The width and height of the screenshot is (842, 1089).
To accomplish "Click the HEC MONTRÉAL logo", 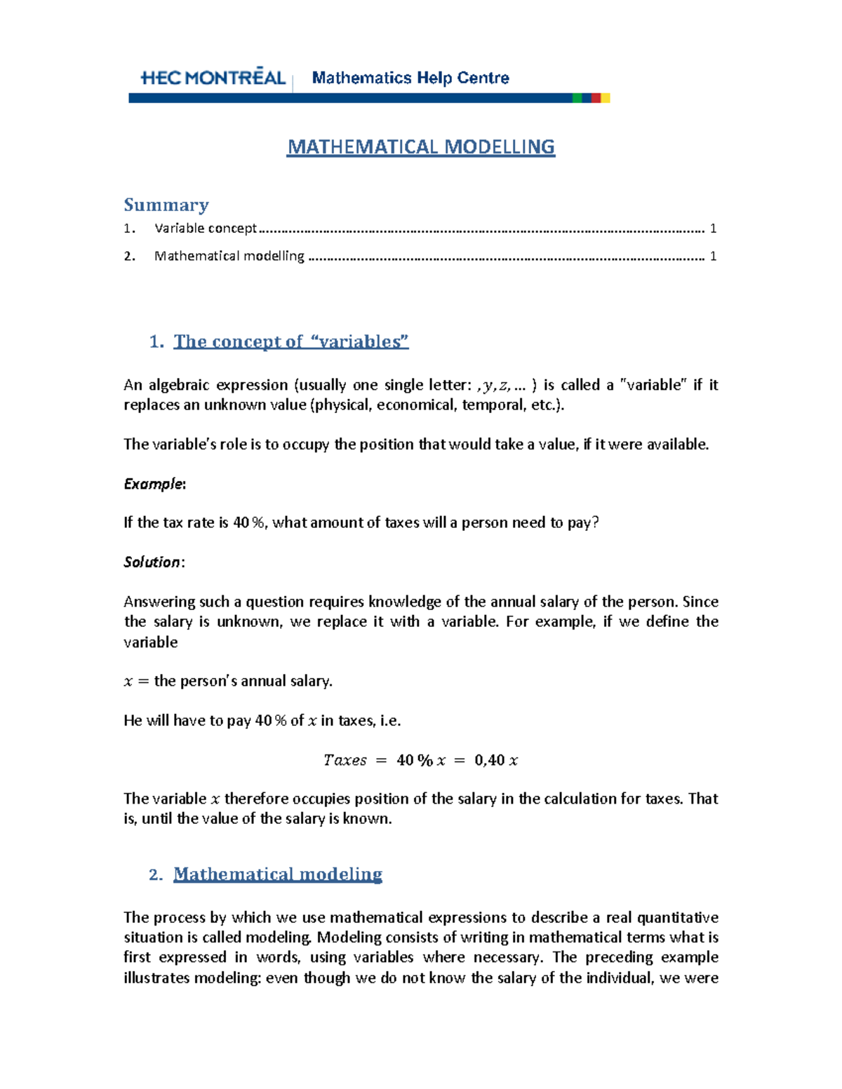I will (x=213, y=77).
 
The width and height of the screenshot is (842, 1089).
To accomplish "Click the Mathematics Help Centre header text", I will (x=410, y=78).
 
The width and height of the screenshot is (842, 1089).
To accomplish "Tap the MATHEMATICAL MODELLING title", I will (x=421, y=147).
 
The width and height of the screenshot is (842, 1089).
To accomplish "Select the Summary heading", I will (x=166, y=205).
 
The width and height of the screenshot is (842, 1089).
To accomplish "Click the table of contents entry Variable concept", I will (x=206, y=228).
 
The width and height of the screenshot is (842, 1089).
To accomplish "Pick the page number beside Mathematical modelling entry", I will (x=713, y=256).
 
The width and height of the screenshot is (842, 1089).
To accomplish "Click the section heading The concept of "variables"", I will (x=290, y=341).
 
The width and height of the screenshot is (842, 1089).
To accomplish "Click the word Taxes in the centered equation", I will (x=345, y=760).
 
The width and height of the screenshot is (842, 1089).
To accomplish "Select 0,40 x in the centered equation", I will (x=496, y=760).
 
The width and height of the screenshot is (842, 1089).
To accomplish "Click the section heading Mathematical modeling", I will (x=277, y=874).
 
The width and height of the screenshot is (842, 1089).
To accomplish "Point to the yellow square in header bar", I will (x=606, y=98).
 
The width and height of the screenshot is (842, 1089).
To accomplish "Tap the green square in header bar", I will (x=577, y=98).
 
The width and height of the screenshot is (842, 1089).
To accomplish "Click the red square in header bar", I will (x=596, y=98).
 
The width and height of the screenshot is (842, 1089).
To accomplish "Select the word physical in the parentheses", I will (x=342, y=405).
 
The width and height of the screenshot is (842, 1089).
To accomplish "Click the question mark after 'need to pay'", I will (x=596, y=523).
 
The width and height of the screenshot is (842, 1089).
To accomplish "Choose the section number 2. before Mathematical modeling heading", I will (x=156, y=874).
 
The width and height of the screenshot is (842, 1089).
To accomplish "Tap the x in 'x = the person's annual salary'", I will (x=128, y=682).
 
